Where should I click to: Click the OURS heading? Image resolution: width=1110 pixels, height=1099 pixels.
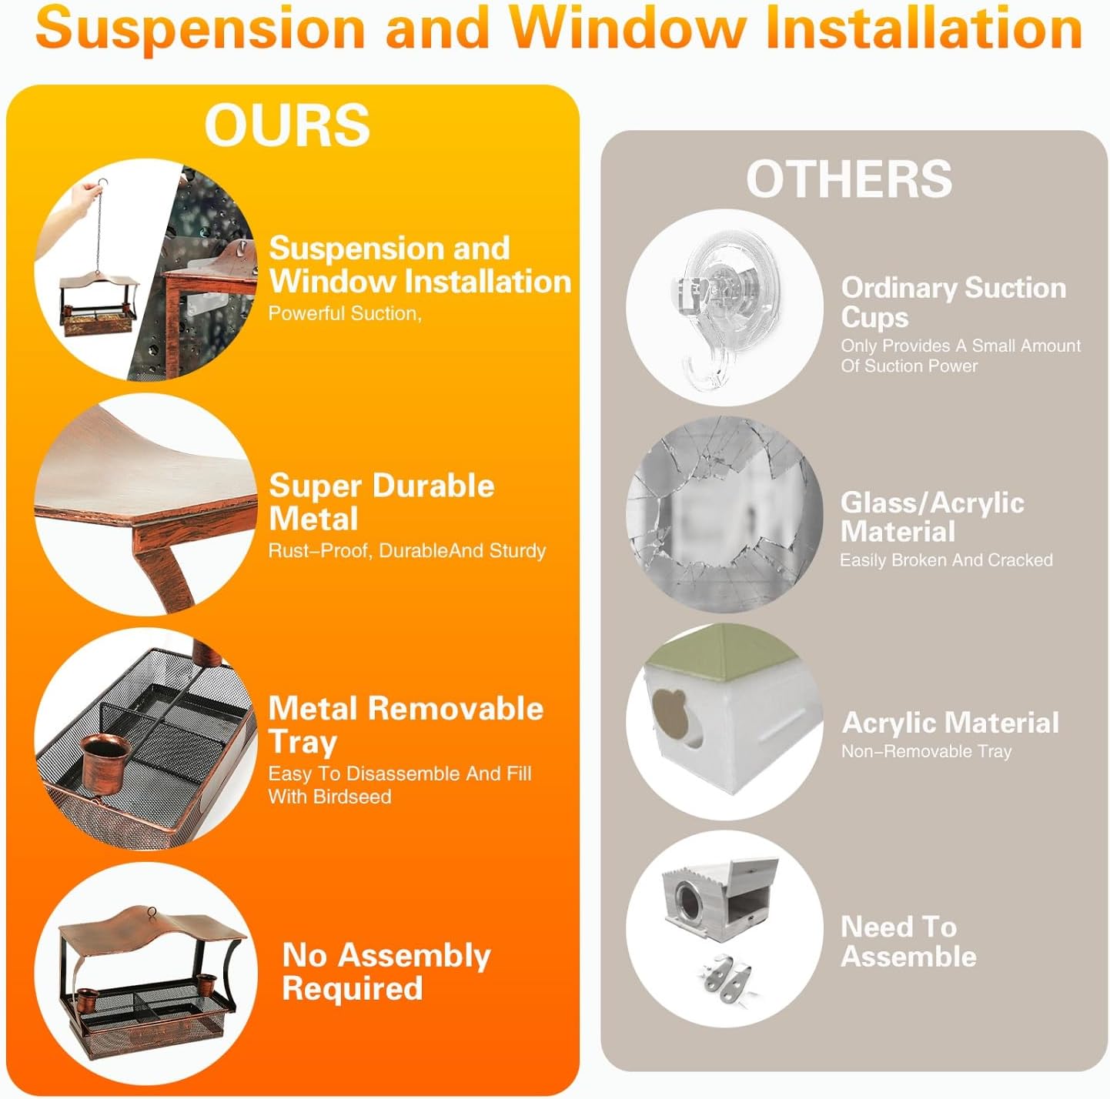(x=286, y=125)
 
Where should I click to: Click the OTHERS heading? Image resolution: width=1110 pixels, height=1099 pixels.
(x=850, y=179)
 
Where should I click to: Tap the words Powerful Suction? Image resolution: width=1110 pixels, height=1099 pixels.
(x=343, y=313)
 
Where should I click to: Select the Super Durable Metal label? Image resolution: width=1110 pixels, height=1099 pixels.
(x=381, y=502)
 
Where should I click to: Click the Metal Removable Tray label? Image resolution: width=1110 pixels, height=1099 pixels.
(x=406, y=725)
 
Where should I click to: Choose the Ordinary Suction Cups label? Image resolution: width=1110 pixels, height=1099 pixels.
(x=953, y=302)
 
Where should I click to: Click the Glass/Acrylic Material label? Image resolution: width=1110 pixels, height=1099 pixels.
(x=932, y=516)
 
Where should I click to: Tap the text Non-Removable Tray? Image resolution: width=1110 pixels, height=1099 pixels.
(x=926, y=751)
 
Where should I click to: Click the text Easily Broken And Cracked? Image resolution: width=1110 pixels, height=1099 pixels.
(x=946, y=560)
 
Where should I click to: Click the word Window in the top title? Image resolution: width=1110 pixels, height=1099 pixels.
(x=627, y=28)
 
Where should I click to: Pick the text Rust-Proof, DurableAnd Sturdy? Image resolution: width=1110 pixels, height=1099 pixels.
(x=406, y=550)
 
